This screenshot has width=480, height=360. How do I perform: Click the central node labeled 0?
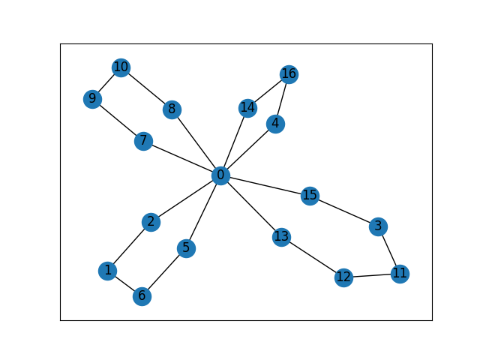pos(220,175)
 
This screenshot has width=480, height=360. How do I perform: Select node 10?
pos(121,67)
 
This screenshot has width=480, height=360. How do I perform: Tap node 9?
pos(92,99)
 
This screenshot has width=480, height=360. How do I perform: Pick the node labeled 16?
pos(289,73)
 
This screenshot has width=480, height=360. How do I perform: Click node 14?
pos(247,108)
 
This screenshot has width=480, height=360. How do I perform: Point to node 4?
pos(276,124)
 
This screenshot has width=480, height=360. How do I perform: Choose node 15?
pos(310,196)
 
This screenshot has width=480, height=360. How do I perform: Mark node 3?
pos(378,226)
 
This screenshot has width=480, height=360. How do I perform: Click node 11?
pos(400,273)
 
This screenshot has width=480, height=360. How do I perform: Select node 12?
pos(343,277)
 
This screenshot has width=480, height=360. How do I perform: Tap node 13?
pos(281,237)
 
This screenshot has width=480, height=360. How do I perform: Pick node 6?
pos(142,296)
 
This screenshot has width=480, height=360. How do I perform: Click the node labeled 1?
pos(108,271)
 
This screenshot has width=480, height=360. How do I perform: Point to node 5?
pos(186,248)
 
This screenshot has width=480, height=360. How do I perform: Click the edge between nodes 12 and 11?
pos(371,275)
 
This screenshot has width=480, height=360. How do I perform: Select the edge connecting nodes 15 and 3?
pos(343,211)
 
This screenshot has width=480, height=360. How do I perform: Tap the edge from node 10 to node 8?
pos(146,88)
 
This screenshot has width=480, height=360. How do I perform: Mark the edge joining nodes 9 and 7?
pos(118,120)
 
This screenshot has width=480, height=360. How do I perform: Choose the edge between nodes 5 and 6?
pos(163,272)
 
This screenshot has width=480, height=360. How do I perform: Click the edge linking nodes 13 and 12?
pos(312,257)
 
